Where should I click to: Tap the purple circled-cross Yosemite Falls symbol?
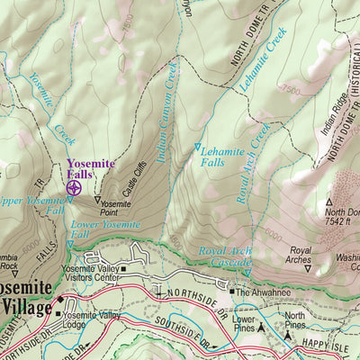pyautogui.click(x=74, y=188)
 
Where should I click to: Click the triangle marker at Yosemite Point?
pyautogui.click(x=98, y=199)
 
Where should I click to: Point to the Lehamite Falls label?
pyautogui.click(x=220, y=157)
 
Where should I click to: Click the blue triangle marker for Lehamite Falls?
pyautogui.click(x=198, y=146)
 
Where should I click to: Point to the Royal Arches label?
pyautogui.click(x=300, y=255)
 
